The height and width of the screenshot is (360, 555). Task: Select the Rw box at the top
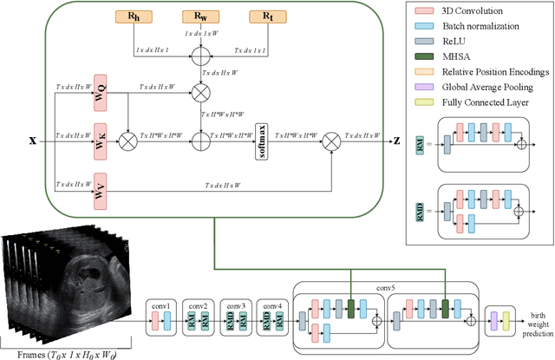[200, 16]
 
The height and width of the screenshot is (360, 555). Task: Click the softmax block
[261, 137]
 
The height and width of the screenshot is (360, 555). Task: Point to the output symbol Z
[396, 138]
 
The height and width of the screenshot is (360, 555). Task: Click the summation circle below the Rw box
[200, 59]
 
